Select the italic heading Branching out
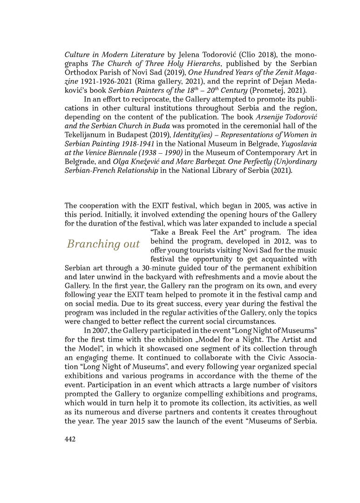click(x=103, y=244)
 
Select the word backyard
click(x=156, y=277)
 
